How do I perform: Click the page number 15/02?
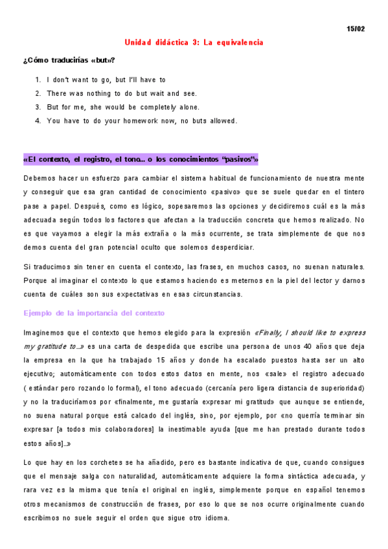[x=356, y=29]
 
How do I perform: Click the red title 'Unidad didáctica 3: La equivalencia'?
[x=194, y=42]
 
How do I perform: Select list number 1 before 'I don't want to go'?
[x=38, y=80]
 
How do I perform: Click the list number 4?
[x=38, y=120]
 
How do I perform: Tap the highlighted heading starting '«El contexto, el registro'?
[x=141, y=159]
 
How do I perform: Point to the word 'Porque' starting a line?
[x=36, y=280]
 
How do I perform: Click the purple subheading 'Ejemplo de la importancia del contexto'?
[x=94, y=313]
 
